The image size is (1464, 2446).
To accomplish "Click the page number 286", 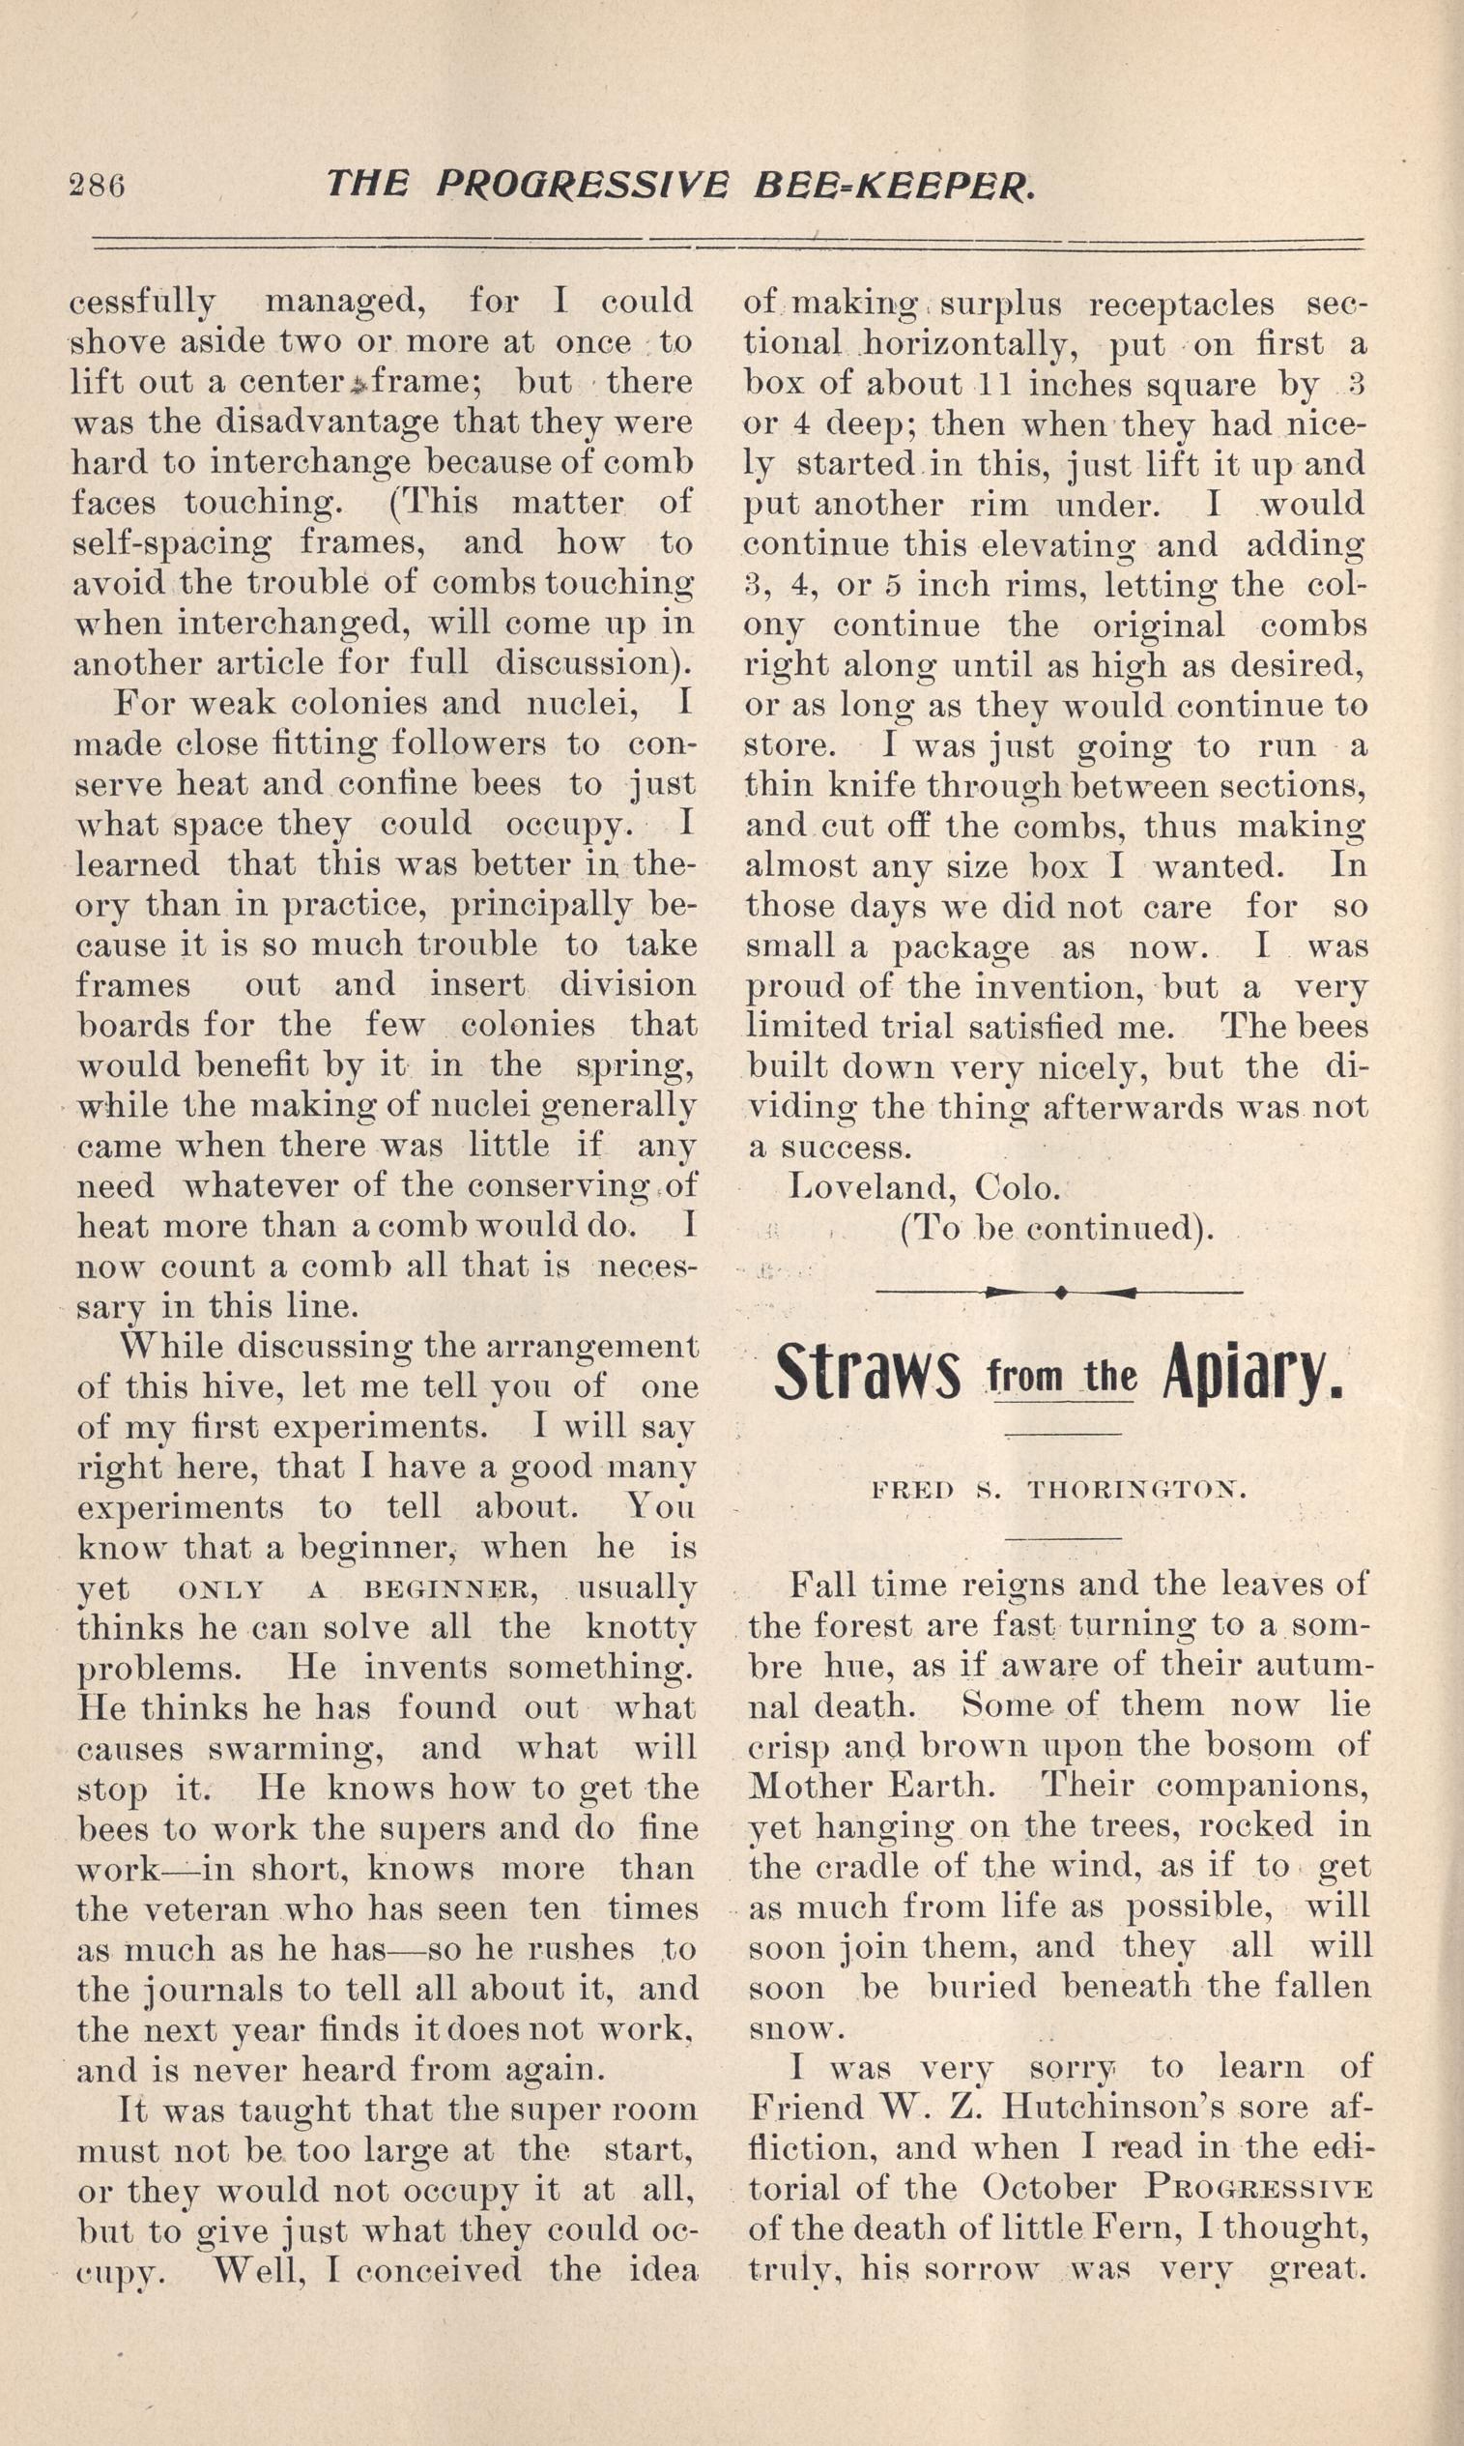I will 97,185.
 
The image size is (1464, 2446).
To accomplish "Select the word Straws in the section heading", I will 866,1377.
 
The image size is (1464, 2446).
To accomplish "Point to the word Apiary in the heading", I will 1252,1377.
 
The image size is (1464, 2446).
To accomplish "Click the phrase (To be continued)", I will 1055,1229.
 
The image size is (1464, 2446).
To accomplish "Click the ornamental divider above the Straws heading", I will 1058,1291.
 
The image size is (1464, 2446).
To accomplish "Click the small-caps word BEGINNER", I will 450,1590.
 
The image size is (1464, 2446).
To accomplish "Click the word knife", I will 884,785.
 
